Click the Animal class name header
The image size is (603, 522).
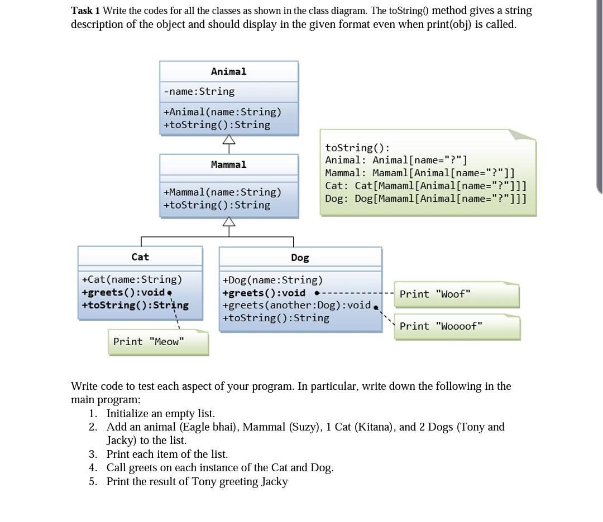228,71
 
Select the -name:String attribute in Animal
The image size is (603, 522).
199,91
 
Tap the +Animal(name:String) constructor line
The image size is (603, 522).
222,112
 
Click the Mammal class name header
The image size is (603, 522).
228,165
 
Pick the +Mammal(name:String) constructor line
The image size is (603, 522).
222,192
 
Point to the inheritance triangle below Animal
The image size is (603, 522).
229,141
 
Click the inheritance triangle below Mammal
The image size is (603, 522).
229,222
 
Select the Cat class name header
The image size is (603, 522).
140,257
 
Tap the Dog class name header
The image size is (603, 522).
300,258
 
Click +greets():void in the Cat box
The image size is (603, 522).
123,292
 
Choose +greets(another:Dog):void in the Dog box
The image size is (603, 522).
296,305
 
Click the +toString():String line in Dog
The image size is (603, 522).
276,318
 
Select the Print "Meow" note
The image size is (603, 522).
149,341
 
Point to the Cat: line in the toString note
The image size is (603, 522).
425,186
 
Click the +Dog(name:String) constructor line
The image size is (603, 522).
272,280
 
